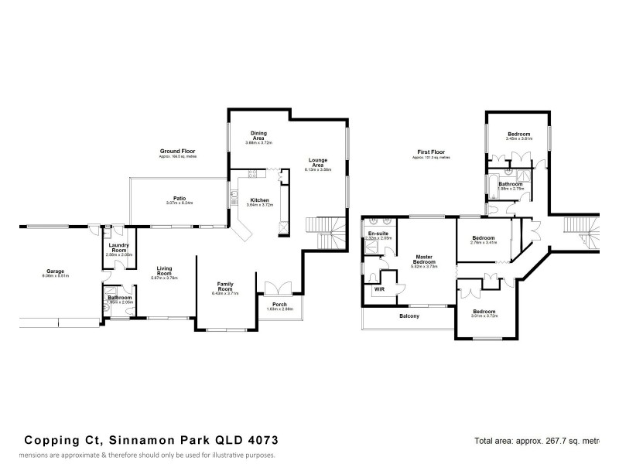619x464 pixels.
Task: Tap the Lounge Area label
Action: [x=318, y=162]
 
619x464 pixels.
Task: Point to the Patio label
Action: [x=179, y=198]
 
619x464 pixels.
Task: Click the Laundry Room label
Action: [x=119, y=247]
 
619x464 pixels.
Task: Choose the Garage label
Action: [x=54, y=271]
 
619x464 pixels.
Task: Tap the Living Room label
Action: [x=163, y=271]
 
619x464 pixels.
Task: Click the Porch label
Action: [x=279, y=305]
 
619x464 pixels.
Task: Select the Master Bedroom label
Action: [x=423, y=259]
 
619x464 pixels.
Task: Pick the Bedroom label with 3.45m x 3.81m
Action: [x=518, y=135]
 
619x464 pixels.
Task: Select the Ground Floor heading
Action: [x=177, y=151]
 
